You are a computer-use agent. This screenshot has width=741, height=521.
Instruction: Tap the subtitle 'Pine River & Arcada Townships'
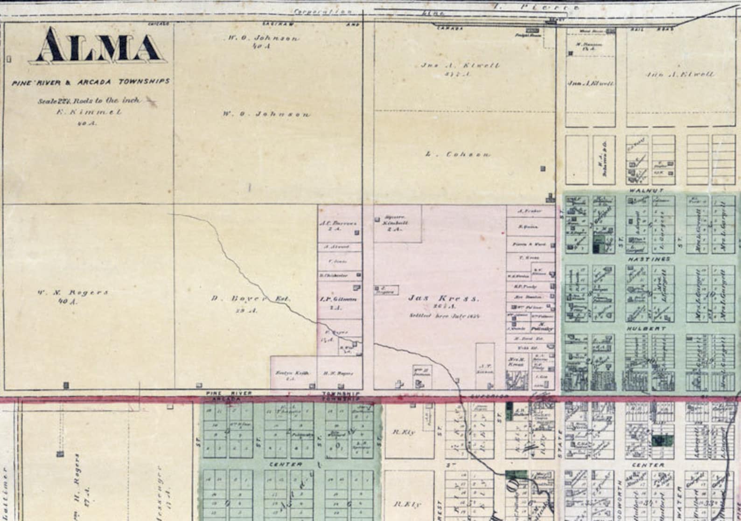91,82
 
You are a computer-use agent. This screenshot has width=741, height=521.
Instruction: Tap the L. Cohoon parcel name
458,154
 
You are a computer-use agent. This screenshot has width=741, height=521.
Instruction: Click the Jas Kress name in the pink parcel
444,298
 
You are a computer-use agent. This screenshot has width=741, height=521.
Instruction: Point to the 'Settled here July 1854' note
445,316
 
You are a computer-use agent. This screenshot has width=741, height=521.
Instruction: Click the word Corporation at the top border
322,12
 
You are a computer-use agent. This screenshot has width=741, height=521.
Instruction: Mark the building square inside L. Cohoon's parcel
543,168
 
